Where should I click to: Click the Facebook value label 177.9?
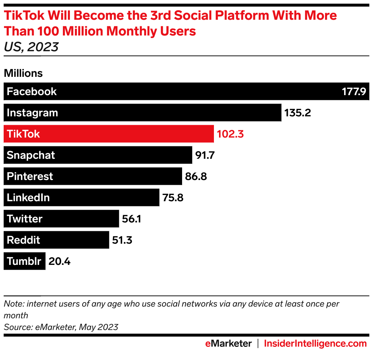coord(354,91)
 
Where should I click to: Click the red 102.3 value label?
coord(230,134)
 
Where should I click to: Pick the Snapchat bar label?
coord(31,155)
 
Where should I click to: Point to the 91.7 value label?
coord(205,155)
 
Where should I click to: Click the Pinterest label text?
coord(30,176)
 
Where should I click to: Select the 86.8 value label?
coord(196,176)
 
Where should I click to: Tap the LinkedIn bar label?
coord(28,198)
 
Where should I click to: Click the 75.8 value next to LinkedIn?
coord(172,198)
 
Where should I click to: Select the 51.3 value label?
coord(121,240)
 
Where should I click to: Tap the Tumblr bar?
coord(25,261)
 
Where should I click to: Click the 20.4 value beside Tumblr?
coord(59,261)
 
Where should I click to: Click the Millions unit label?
coord(23,73)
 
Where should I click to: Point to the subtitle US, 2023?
coord(31,47)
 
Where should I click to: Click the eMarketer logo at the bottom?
coord(228,344)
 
